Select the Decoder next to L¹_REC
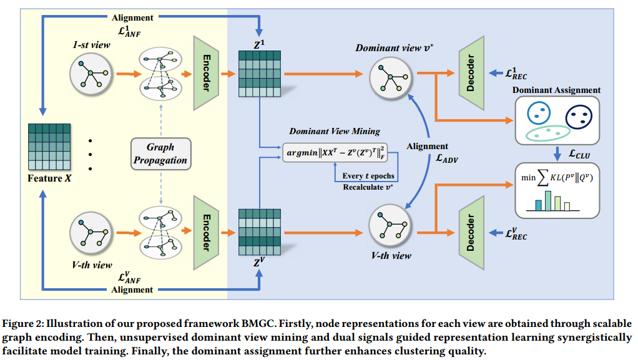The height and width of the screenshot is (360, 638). [x=472, y=73]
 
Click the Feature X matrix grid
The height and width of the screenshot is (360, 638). [x=52, y=147]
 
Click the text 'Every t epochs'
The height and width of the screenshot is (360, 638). [x=369, y=176]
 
